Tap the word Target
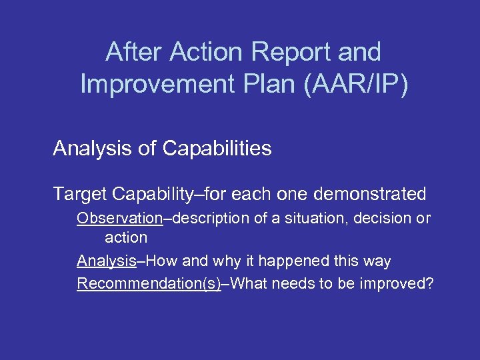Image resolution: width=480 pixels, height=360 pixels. click(x=81, y=194)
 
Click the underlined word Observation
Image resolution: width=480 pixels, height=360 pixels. click(x=119, y=218)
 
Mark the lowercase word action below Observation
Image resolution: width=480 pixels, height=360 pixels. click(x=125, y=237)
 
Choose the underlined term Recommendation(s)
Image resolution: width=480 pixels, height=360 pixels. click(x=149, y=283)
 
